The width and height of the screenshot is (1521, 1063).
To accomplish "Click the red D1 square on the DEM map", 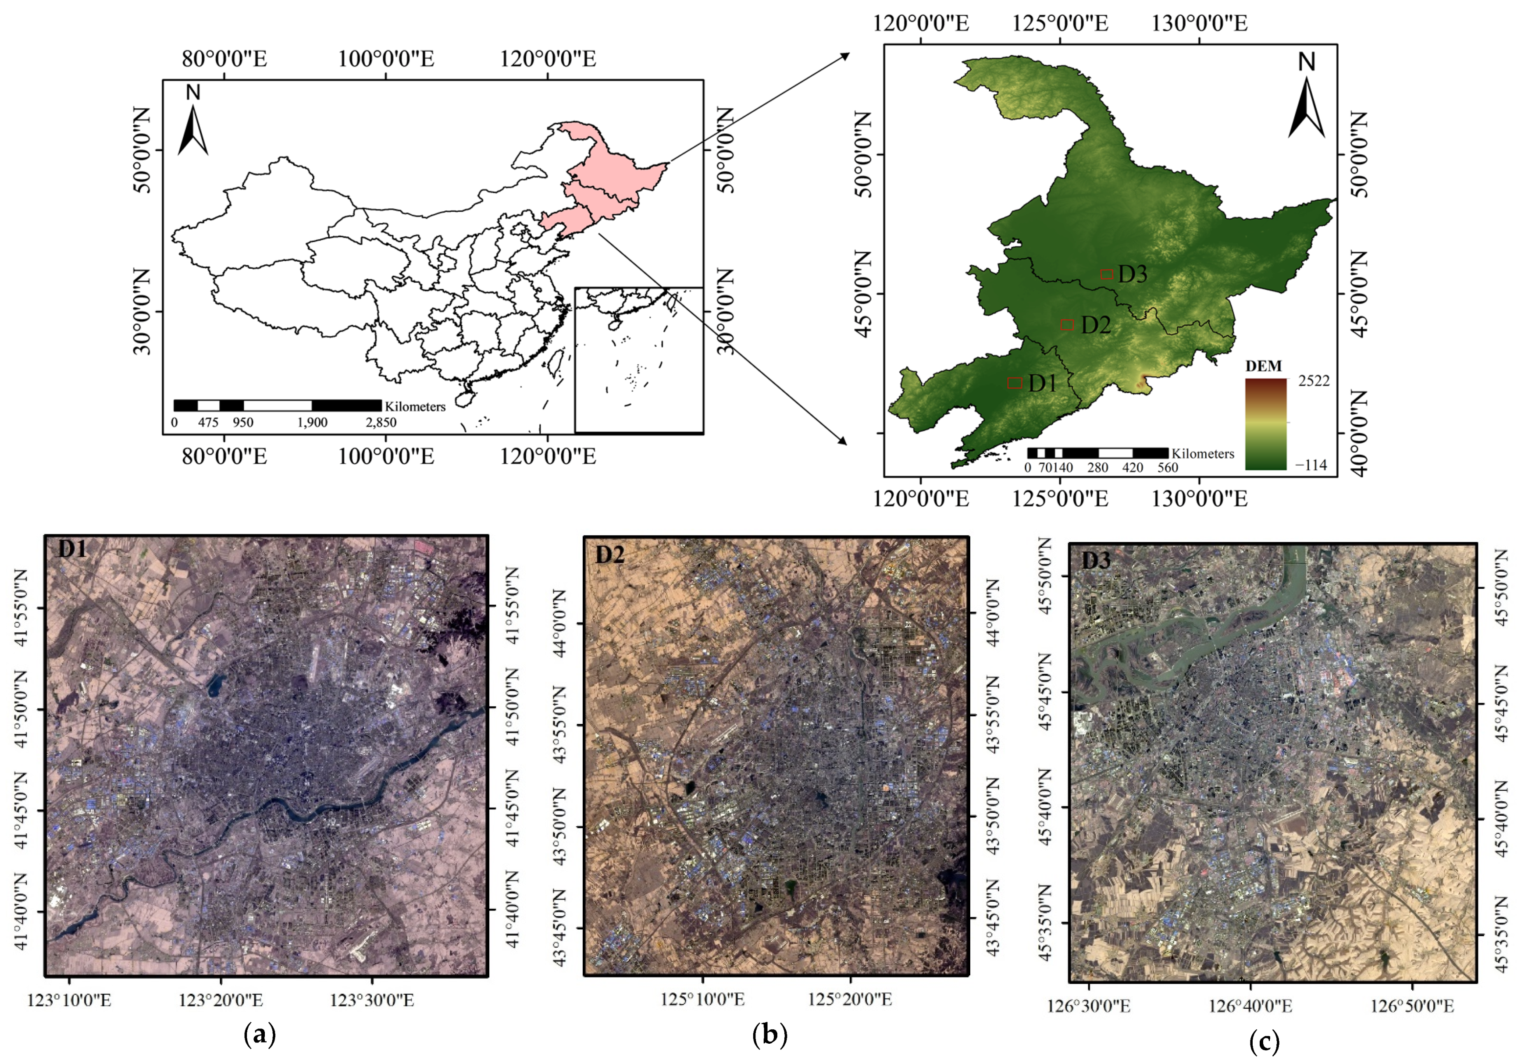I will coord(1014,383).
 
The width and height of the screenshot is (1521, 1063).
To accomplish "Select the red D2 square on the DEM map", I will coord(1067,324).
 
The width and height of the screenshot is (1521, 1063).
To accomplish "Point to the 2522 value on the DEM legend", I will coord(1313,381).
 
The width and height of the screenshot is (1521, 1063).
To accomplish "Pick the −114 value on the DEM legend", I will coord(1311,465).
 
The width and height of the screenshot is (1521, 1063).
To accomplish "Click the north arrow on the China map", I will coord(193,123).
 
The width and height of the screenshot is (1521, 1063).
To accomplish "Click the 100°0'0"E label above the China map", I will coord(386,59).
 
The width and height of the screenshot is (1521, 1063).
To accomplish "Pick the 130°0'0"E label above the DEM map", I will coord(1200,24).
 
